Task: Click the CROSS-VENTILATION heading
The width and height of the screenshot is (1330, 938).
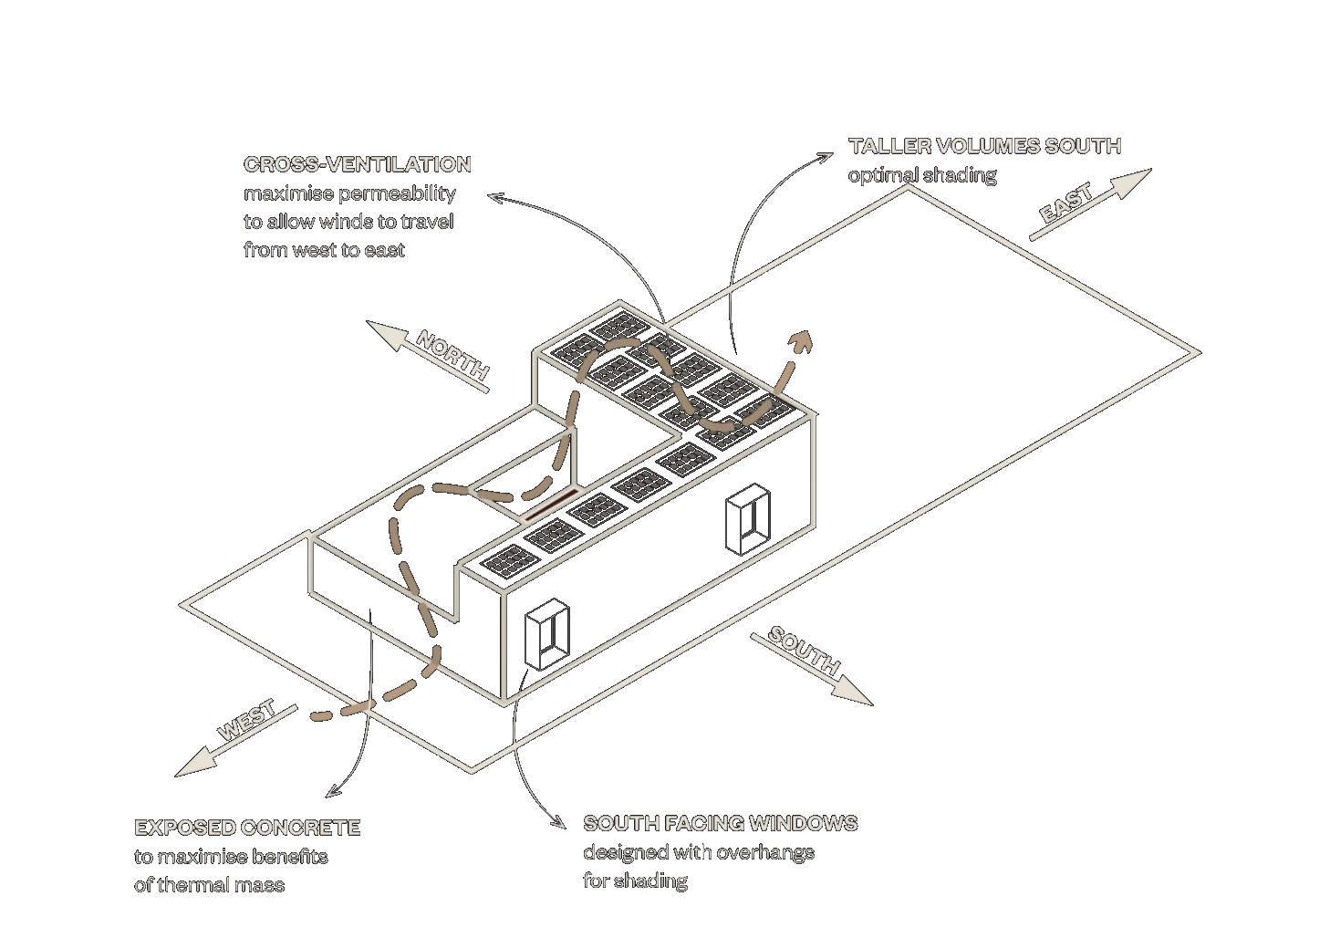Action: click(358, 164)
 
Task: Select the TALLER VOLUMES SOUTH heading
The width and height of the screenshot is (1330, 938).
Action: click(985, 146)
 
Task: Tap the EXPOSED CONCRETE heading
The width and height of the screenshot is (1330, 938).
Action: click(248, 828)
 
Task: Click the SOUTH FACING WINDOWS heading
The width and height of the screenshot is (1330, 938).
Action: click(721, 823)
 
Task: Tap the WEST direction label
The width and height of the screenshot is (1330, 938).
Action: click(246, 721)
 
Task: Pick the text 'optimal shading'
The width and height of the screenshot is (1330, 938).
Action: click(922, 174)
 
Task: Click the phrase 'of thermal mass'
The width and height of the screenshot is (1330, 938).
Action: click(209, 885)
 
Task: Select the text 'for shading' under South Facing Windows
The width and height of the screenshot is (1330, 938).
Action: click(635, 881)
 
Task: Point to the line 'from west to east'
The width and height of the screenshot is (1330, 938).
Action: click(324, 250)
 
